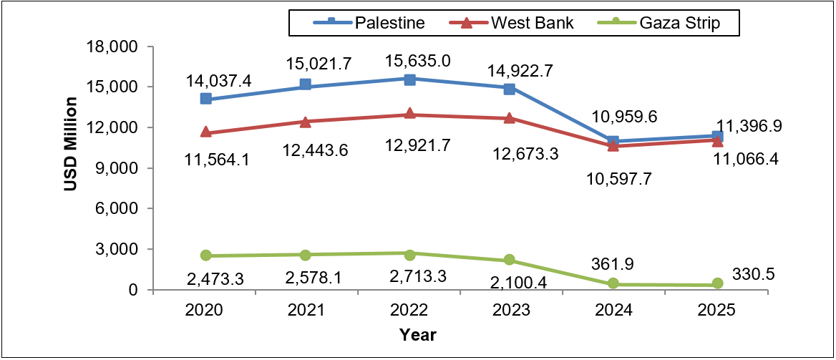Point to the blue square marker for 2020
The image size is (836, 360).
206,99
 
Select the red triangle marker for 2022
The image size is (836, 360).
409,114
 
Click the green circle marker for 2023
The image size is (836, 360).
510,260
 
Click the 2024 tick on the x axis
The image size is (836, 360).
613,310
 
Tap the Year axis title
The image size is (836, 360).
418,334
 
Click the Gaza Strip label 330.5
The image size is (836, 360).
754,273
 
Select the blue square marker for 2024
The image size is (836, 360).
612,141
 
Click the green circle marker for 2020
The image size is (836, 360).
206,256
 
